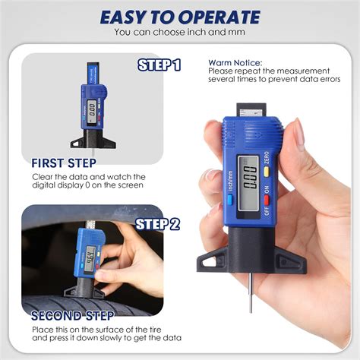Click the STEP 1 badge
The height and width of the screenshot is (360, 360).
point(159,65)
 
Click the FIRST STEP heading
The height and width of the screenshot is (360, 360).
point(65,163)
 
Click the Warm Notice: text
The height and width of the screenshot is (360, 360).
point(235,62)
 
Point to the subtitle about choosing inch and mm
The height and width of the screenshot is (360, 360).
point(179,33)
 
